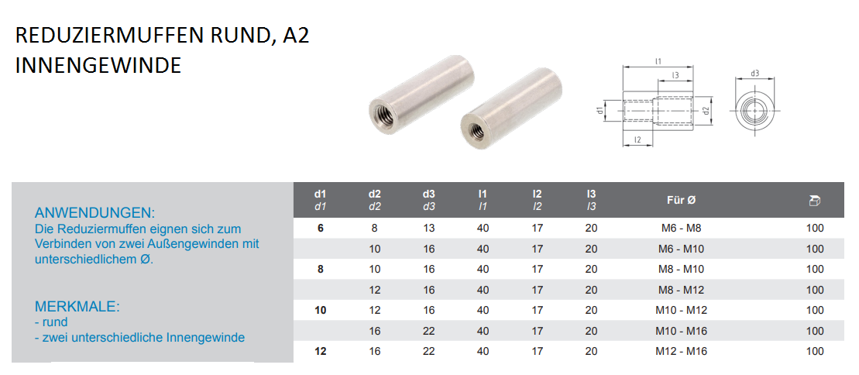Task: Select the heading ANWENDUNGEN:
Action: pos(94,213)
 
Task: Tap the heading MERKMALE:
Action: pos(77,307)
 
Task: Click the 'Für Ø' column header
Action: pos(681,200)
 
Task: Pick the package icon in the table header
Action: pos(815,201)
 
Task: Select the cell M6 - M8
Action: pos(681,228)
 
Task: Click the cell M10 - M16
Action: pos(681,331)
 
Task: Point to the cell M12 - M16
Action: pos(681,351)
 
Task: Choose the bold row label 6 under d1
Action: pos(321,228)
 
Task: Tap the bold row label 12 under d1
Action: pos(321,351)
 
